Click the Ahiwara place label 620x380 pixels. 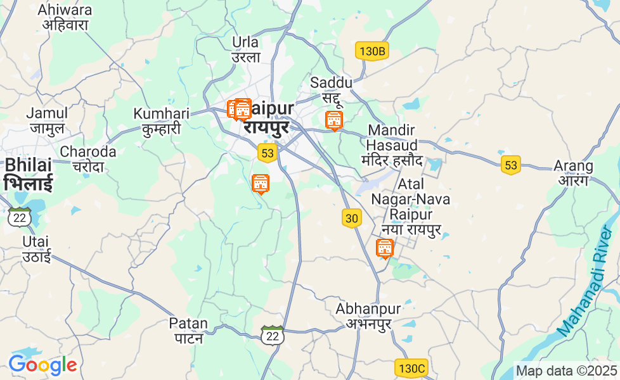click(x=65, y=18)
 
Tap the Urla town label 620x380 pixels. click(x=246, y=49)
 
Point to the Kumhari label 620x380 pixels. click(x=161, y=121)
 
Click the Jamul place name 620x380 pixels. click(x=46, y=120)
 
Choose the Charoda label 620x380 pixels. click(x=88, y=159)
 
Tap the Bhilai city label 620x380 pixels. click(x=28, y=174)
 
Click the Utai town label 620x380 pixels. click(x=36, y=249)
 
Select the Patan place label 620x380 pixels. click(x=188, y=330)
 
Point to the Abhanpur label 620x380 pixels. click(x=368, y=316)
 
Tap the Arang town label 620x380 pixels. click(x=573, y=173)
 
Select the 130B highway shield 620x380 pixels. click(x=371, y=51)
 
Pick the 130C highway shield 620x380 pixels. click(x=411, y=368)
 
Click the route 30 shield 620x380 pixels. click(x=352, y=218)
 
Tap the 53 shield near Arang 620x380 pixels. click(x=510, y=165)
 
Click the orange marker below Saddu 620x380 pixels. click(x=333, y=120)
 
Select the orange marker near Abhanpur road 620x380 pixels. click(x=384, y=248)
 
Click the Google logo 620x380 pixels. click(x=42, y=365)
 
